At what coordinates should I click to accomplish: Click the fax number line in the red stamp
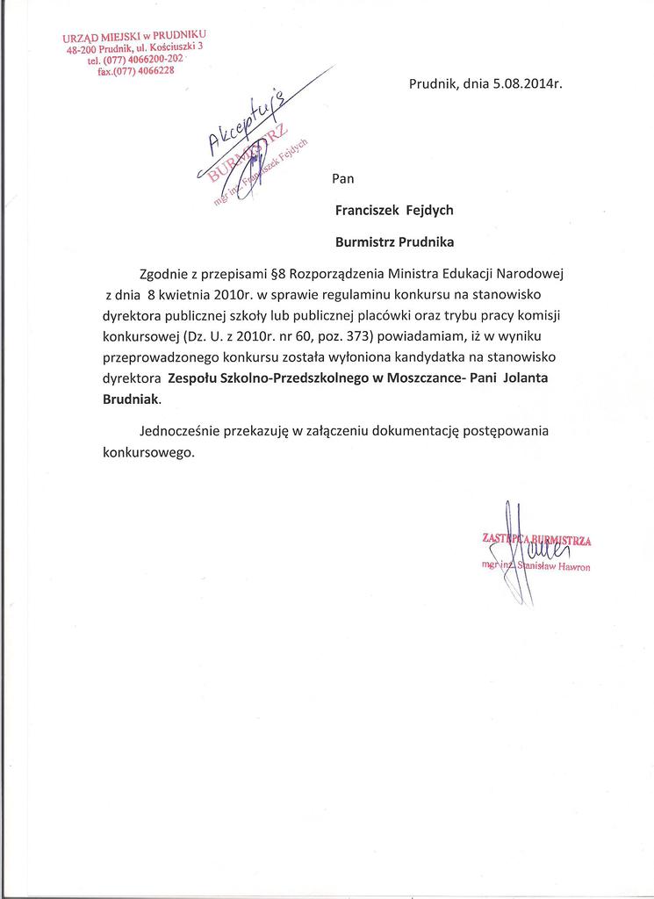(136, 72)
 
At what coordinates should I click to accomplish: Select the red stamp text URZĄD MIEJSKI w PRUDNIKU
(133, 37)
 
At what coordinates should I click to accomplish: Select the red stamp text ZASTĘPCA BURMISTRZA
(536, 540)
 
